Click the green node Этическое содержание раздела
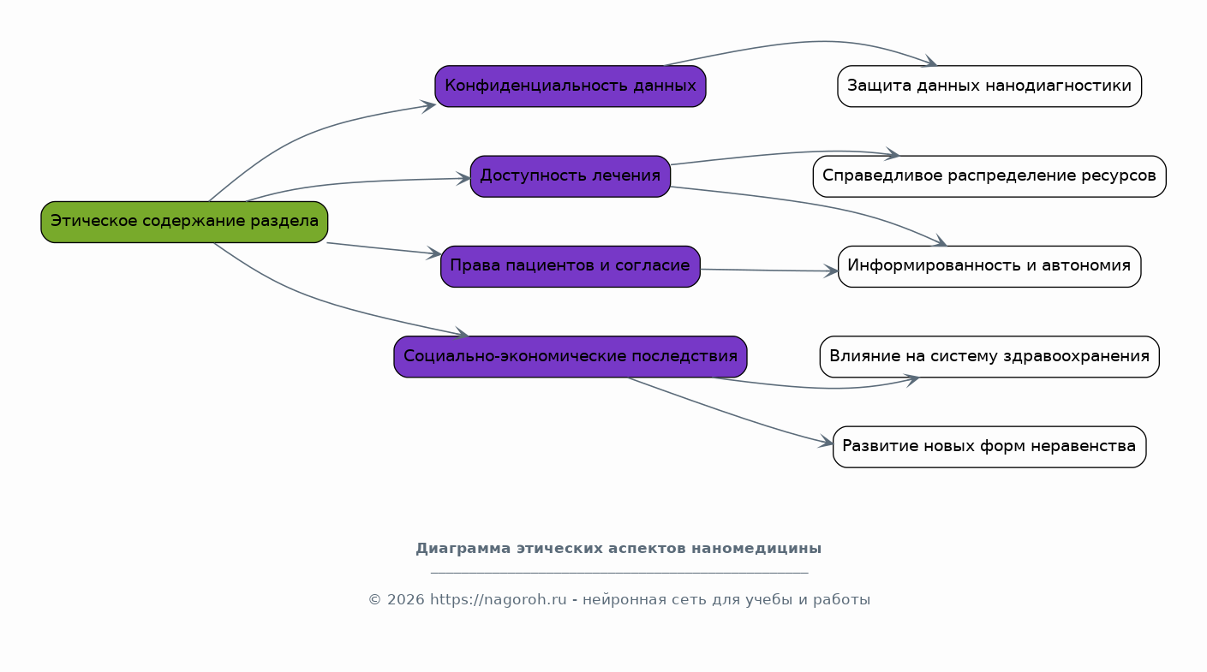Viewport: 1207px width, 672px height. point(184,222)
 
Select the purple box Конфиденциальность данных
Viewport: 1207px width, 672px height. point(570,86)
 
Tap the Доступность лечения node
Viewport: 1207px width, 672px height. point(570,176)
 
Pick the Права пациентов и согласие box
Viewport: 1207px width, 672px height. point(570,266)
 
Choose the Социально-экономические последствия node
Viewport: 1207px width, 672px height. point(570,357)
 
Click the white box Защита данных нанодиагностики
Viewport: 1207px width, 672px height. point(989,86)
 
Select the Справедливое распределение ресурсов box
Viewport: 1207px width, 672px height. point(989,176)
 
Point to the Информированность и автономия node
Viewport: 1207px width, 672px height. point(989,266)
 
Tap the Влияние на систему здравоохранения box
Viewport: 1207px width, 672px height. point(989,357)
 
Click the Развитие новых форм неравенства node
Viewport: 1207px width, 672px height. point(989,447)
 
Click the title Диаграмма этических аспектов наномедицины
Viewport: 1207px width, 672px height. point(618,549)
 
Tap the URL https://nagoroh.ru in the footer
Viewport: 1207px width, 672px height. point(498,600)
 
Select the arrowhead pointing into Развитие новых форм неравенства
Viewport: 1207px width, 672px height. point(827,443)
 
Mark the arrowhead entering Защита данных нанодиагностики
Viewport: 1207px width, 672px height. point(929,62)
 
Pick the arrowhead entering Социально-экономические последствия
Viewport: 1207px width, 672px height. point(462,334)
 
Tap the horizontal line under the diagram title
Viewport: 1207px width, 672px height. point(618,573)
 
